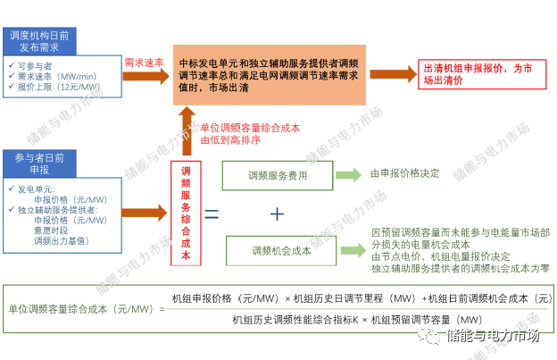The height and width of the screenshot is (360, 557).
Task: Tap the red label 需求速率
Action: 144,63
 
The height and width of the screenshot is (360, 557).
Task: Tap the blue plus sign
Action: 277,214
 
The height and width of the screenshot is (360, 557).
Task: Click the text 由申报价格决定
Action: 407,176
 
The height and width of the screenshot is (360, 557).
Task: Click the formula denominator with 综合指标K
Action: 357,319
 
